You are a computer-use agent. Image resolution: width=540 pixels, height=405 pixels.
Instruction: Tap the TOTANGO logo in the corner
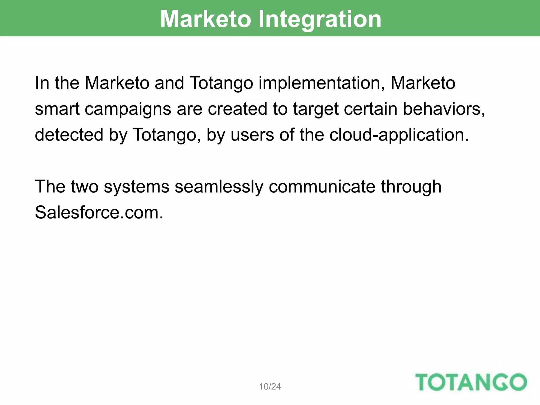coord(471,382)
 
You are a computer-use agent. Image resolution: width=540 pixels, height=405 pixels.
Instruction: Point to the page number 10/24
coord(270,387)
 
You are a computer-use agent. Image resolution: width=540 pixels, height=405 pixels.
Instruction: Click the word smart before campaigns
coord(57,109)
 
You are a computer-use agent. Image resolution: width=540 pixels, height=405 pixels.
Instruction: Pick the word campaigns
coord(128,109)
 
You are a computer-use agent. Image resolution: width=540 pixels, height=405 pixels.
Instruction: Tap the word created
coord(237,109)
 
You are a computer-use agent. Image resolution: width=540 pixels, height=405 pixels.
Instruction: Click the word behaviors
coord(444,109)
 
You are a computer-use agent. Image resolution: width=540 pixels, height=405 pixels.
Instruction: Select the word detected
coord(69,134)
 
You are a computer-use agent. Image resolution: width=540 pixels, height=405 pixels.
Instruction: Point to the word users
coord(252,134)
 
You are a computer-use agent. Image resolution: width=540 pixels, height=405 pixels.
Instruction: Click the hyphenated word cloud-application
coord(399,135)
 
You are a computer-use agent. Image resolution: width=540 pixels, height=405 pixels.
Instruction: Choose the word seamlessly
coord(219,187)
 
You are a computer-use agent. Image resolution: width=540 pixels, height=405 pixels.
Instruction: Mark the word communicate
coord(322,187)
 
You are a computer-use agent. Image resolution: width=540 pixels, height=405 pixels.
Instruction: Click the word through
coord(411,187)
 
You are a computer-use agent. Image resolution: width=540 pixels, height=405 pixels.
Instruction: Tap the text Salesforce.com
coord(99,213)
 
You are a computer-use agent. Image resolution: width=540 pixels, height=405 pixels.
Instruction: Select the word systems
coord(136,187)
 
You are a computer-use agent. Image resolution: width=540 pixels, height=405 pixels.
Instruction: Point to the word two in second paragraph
coord(84,187)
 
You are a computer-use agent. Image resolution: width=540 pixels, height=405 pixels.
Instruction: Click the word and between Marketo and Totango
coord(169,83)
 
